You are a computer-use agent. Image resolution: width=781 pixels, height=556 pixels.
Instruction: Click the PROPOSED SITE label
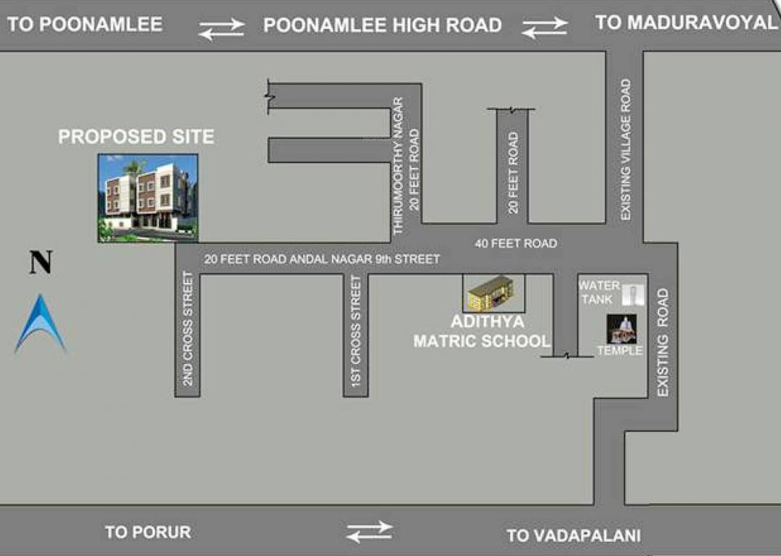(x=136, y=137)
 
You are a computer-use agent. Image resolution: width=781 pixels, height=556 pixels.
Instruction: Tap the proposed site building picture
(x=149, y=197)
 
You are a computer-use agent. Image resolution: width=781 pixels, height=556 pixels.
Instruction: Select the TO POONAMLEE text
(x=85, y=25)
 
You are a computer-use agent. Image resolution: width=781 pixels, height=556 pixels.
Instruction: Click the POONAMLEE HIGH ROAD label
(x=383, y=26)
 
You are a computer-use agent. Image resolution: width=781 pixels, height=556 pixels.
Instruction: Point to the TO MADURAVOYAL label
(x=685, y=22)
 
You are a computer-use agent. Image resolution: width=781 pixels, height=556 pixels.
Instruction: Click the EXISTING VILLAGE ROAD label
(x=625, y=150)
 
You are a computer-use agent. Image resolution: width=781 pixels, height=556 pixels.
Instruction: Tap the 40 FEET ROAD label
(x=516, y=243)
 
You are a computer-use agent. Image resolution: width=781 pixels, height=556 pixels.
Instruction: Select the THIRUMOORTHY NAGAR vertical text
(x=397, y=166)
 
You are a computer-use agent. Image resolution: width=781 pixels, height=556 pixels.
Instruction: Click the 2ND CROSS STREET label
(x=188, y=328)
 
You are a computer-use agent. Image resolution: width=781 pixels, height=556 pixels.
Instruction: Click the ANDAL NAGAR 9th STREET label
(x=322, y=258)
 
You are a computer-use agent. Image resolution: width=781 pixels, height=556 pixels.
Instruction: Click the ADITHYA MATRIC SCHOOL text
(x=482, y=331)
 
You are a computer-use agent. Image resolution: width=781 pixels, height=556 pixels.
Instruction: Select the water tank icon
(x=634, y=295)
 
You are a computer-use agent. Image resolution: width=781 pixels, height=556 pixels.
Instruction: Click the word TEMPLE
(x=619, y=351)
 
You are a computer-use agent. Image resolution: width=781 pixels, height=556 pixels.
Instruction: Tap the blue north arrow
(x=41, y=324)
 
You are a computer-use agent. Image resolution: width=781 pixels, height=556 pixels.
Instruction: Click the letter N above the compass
(x=41, y=262)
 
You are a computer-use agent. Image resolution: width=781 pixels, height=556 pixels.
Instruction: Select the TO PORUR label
(x=148, y=532)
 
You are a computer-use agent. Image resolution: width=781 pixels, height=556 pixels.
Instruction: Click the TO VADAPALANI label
(x=573, y=536)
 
